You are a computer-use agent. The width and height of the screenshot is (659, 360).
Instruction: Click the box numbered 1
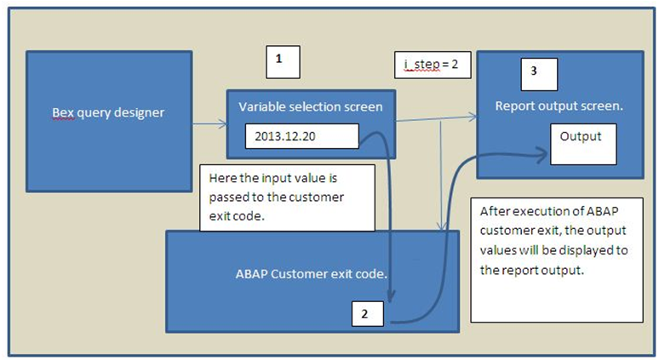pos(283,62)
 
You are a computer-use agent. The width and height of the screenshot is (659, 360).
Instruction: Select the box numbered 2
pos(368,314)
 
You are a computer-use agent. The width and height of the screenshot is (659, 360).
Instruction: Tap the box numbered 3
pos(539,74)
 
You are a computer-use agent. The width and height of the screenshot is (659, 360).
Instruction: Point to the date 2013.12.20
pos(285,136)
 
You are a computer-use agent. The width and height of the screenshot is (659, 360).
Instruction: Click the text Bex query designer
pos(108,113)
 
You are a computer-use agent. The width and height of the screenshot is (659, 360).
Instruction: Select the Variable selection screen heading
pos(311,106)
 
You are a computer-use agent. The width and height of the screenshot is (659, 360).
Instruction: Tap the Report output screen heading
pos(559,106)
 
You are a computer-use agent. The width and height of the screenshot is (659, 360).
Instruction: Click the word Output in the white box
pos(581,136)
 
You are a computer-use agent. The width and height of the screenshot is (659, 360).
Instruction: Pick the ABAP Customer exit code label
pos(312,274)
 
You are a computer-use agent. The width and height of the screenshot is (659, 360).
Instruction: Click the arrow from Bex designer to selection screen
pos(209,124)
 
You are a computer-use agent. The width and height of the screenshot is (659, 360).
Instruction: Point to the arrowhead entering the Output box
pos(543,155)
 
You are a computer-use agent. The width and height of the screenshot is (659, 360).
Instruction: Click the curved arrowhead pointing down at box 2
pos(391,297)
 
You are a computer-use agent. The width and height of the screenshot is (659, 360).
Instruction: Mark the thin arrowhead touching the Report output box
pos(473,117)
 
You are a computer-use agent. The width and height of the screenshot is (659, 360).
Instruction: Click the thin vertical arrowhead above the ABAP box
pos(441,226)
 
